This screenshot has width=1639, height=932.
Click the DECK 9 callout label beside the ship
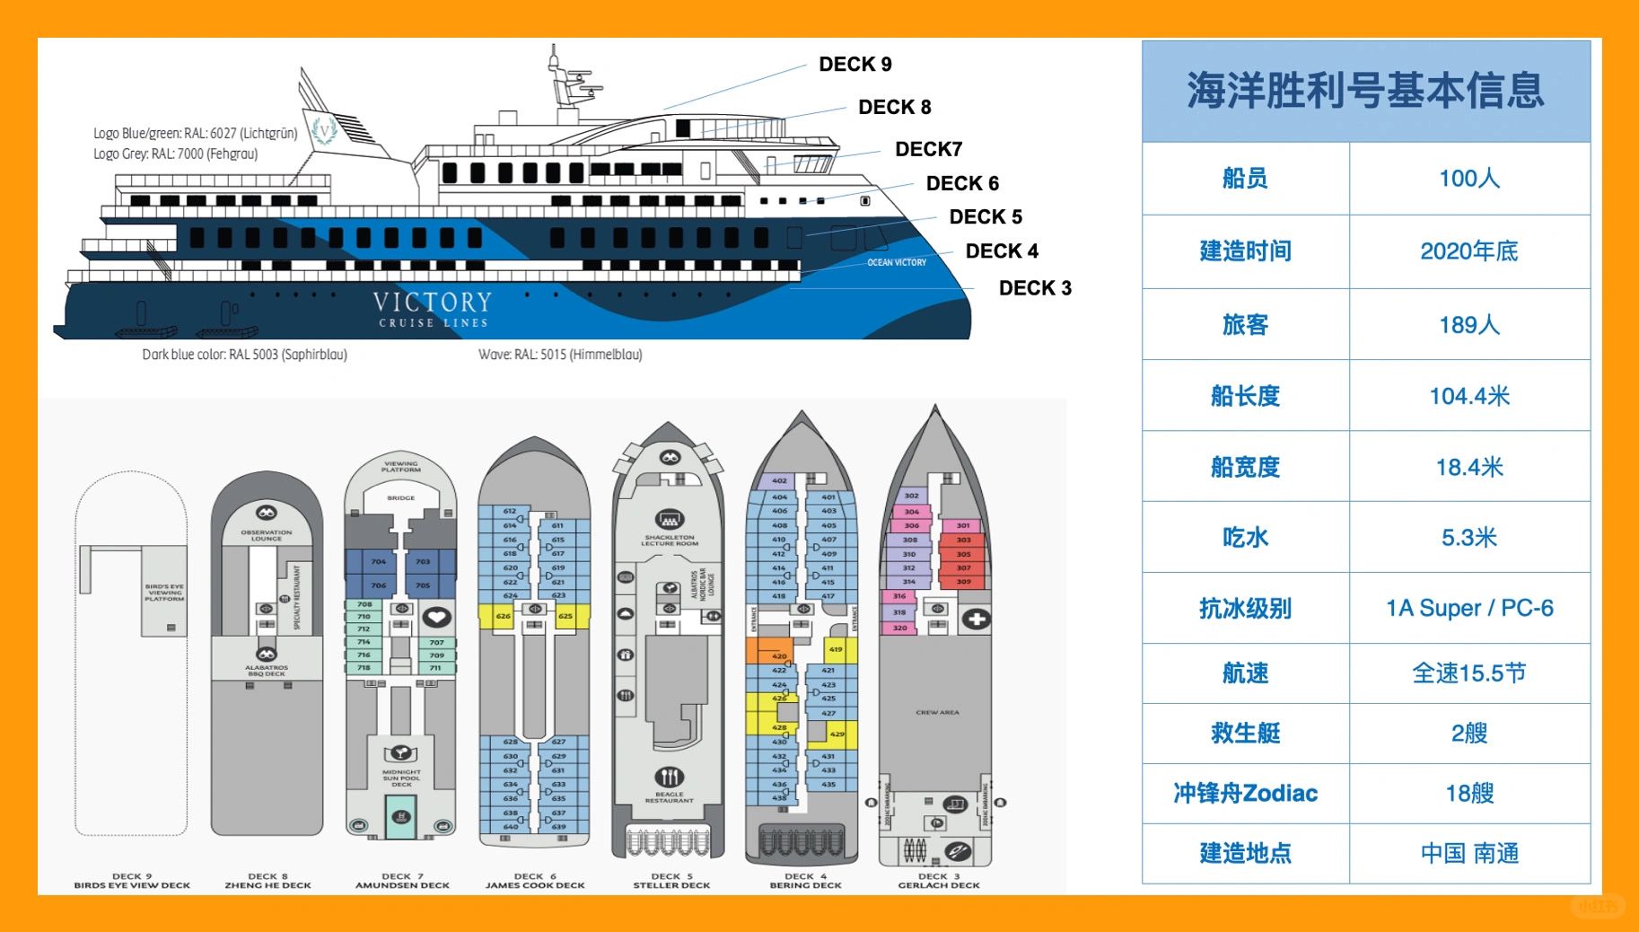[x=855, y=65]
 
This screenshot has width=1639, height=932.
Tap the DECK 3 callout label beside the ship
[x=1034, y=288]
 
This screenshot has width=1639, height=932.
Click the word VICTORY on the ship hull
[x=433, y=302]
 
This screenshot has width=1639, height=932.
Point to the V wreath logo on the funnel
[x=324, y=129]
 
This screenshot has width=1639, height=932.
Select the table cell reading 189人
[x=1468, y=324]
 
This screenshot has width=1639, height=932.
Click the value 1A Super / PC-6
[x=1468, y=608]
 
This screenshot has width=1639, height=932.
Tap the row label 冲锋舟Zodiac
[x=1245, y=793]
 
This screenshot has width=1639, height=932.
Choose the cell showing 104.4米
[x=1468, y=396]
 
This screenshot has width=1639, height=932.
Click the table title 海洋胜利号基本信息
[x=1365, y=91]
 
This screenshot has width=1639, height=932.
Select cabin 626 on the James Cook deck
[x=504, y=616]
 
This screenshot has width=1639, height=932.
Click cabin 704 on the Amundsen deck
[x=379, y=562]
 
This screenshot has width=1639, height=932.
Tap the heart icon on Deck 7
[x=436, y=617]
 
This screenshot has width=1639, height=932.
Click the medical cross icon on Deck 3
[x=976, y=619]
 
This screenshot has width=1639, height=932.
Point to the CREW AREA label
[x=937, y=712]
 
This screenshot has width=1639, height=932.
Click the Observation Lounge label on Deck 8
[x=266, y=535]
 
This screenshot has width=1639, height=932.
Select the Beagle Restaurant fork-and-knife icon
[x=670, y=777]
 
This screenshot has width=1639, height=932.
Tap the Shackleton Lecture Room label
[x=670, y=540]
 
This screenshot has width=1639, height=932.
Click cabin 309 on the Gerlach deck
[x=963, y=581]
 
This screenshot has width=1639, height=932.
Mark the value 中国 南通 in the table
[x=1468, y=853]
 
